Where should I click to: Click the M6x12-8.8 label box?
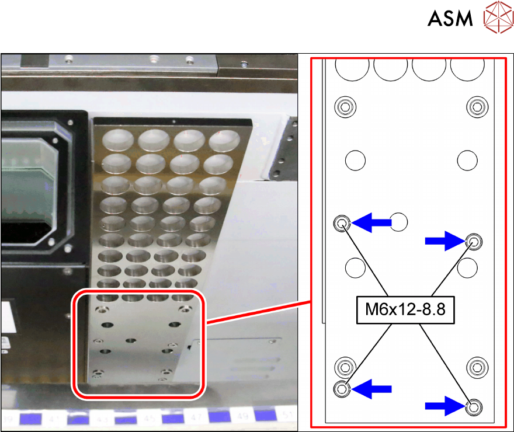point(405,309)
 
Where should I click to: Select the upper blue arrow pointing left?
point(373,222)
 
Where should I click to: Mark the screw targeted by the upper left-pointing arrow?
point(342,222)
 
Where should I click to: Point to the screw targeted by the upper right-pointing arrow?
point(474,240)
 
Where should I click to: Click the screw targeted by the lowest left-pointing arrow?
point(342,388)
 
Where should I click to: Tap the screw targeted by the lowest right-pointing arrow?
point(474,406)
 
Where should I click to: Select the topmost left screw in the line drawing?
point(345,107)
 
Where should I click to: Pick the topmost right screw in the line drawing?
point(477,107)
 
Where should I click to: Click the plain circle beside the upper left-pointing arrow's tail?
point(399,221)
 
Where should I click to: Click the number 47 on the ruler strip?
point(196,419)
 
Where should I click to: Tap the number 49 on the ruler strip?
point(243,419)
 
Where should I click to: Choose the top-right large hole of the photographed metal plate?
point(224,139)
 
